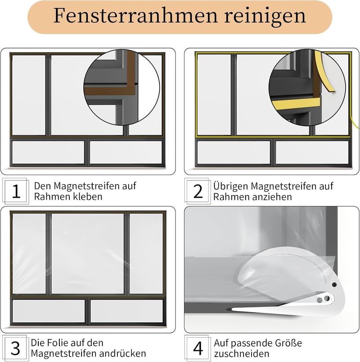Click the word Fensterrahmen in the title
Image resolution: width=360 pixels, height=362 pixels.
[136, 16]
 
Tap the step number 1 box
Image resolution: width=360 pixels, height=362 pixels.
[16, 191]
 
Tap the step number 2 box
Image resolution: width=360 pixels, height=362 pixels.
[198, 191]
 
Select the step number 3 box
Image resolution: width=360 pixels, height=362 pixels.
[15, 348]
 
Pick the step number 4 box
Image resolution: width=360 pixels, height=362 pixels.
[198, 348]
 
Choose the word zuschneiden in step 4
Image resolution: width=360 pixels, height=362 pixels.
[242, 354]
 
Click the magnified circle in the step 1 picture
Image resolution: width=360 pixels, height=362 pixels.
[121, 87]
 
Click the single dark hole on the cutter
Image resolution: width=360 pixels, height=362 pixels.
[334, 285]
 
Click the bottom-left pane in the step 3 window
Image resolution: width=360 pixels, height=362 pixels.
[49, 311]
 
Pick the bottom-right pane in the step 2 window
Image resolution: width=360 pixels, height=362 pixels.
[312, 153]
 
